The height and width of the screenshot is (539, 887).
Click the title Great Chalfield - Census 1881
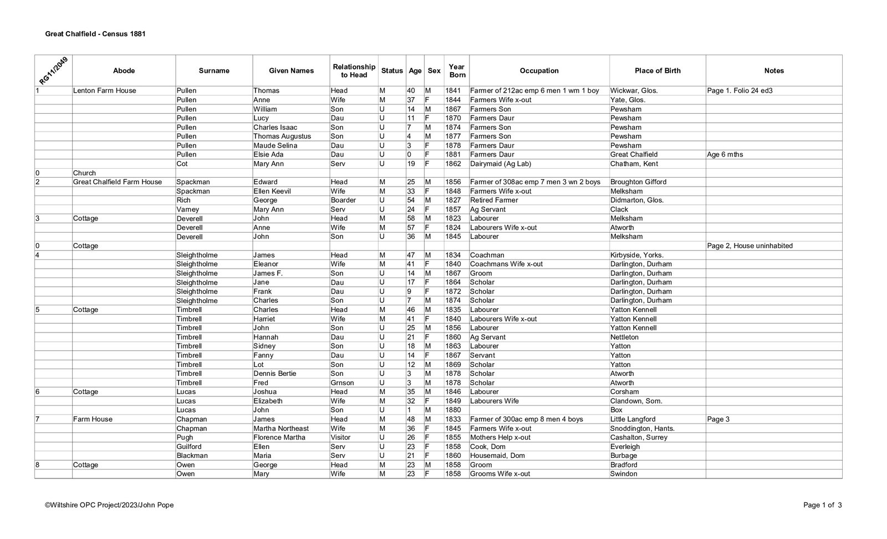[x=95, y=34]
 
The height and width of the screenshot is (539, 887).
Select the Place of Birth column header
[x=657, y=70]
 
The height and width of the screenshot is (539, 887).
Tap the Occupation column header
[x=539, y=70]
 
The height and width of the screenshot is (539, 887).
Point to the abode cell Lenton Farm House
[x=105, y=90]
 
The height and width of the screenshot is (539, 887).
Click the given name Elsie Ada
[x=267, y=154]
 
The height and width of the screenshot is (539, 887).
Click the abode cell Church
[x=84, y=173]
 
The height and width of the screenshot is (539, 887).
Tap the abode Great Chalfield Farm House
[x=118, y=182]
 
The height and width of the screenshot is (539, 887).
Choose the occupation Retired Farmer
[x=494, y=200]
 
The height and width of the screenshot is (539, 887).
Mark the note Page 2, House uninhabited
[x=750, y=246]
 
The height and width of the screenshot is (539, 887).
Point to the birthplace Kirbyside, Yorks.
[x=637, y=255]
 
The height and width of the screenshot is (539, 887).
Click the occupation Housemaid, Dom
[x=497, y=455]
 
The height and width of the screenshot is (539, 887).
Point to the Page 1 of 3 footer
[x=823, y=505]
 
